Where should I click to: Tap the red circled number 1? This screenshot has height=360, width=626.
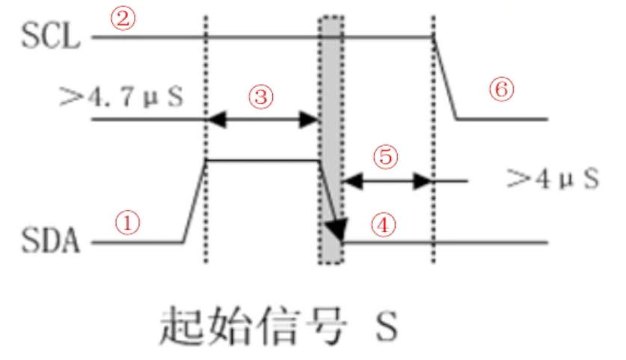(128, 222)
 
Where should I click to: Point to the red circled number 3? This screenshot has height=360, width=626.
(260, 96)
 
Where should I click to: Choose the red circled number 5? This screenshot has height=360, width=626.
(386, 157)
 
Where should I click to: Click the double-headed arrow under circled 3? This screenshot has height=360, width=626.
(263, 118)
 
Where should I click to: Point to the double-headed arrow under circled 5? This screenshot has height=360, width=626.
(386, 180)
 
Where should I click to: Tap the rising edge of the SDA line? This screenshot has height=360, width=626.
(194, 201)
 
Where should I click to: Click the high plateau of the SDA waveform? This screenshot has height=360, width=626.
(262, 160)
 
